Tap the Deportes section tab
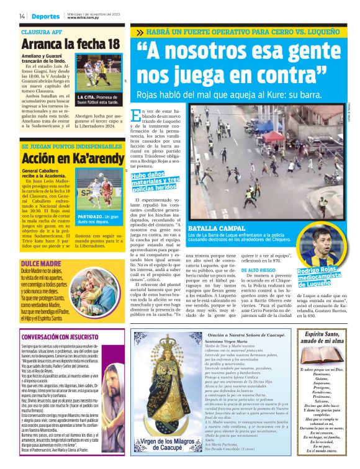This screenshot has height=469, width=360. (46, 16)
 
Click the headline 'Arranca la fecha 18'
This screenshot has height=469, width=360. (70, 44)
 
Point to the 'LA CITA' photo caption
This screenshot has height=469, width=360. (99, 100)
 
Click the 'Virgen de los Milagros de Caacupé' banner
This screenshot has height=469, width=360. (164, 444)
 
